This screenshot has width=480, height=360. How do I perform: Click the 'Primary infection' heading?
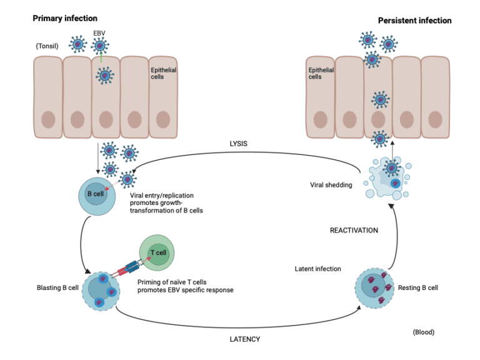tap(64, 18)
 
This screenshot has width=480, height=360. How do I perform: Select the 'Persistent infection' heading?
tap(414, 21)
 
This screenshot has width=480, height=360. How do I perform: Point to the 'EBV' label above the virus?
tap(99, 32)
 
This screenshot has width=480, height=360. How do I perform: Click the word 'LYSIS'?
tap(239, 143)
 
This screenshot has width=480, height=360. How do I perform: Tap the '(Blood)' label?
tap(423, 332)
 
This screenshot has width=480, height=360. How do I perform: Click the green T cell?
tap(157, 253)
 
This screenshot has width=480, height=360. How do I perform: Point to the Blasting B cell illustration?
tap(99, 291)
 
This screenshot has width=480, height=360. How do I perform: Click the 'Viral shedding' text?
tap(332, 184)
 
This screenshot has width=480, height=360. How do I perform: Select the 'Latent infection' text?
tap(317, 269)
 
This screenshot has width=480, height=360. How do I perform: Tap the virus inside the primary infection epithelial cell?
tap(104, 76)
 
